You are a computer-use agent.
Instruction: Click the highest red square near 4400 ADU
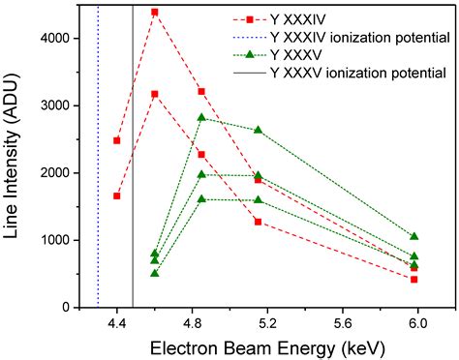click(155, 12)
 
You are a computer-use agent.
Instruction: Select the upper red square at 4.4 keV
click(117, 140)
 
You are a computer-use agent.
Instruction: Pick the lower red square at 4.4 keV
click(117, 195)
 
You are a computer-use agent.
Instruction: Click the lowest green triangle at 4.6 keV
click(155, 273)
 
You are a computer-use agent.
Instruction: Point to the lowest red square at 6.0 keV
click(413, 279)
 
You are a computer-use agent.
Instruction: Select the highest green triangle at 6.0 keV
click(413, 236)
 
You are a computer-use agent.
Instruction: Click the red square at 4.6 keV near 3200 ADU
click(155, 94)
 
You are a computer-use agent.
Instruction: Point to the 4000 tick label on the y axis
click(65, 38)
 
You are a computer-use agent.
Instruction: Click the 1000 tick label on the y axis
click(65, 240)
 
